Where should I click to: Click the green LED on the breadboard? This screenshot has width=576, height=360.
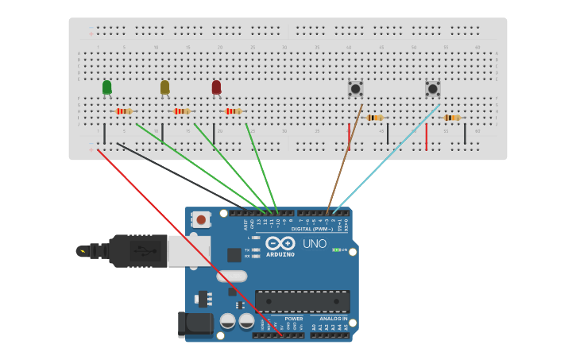(x=106, y=87)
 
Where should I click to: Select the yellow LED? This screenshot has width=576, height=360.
(x=164, y=87)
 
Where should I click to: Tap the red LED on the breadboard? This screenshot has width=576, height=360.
(x=216, y=87)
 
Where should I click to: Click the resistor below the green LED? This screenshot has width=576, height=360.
(x=123, y=111)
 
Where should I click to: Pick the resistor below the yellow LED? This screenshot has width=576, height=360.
(x=182, y=111)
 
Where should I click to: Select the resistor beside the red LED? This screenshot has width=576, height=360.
(x=233, y=111)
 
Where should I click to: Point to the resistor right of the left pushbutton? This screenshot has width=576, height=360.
(x=374, y=118)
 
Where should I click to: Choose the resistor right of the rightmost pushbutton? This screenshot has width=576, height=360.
(x=451, y=118)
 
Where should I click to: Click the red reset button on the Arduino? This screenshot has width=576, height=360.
(x=201, y=219)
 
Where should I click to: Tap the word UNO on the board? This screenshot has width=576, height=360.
(x=315, y=244)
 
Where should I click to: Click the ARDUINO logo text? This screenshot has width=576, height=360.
(x=280, y=254)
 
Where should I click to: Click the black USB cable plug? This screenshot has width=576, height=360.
(x=139, y=251)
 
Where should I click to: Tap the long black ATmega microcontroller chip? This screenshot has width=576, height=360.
(x=302, y=301)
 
